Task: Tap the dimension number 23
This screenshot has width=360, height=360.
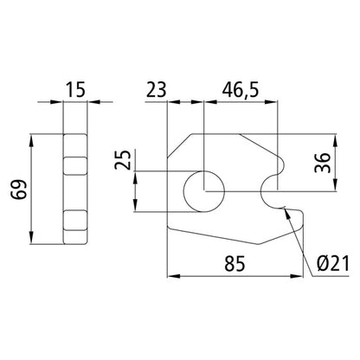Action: (156, 88)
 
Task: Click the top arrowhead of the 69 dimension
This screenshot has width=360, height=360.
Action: (32, 138)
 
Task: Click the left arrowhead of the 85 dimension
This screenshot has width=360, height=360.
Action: (170, 278)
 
